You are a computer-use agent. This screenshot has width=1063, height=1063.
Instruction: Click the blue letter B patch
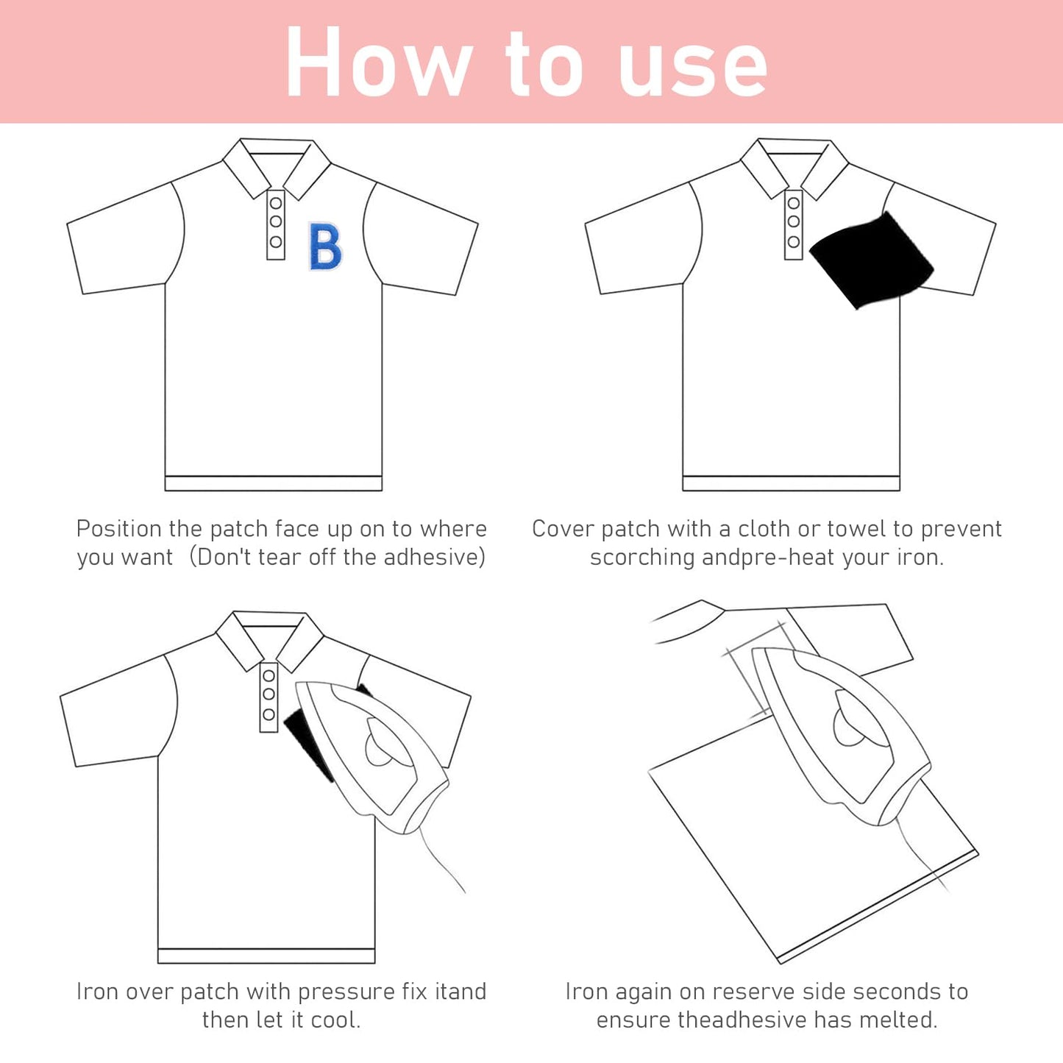(325, 246)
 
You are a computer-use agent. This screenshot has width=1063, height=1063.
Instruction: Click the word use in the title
(693, 70)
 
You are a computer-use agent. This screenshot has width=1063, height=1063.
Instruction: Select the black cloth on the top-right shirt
(872, 260)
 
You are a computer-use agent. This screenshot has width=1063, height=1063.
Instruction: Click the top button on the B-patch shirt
(276, 203)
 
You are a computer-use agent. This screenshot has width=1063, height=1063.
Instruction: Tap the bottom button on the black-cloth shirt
(793, 241)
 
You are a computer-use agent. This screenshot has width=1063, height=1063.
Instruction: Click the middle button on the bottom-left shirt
(269, 694)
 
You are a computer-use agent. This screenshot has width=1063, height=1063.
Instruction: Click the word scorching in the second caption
(642, 558)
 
